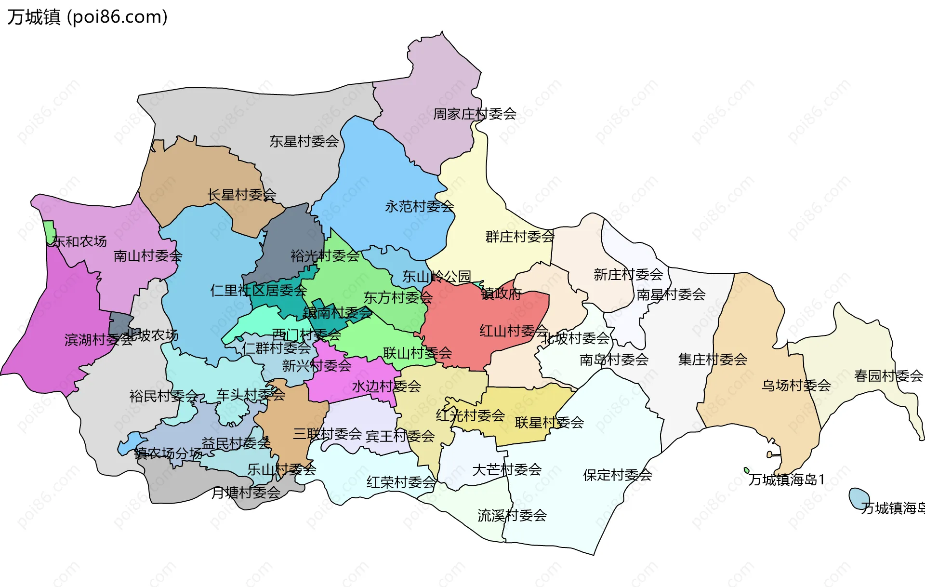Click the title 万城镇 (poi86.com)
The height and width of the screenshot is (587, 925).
(x=87, y=17)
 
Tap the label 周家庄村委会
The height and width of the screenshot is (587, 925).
(x=475, y=114)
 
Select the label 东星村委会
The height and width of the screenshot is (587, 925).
(x=304, y=142)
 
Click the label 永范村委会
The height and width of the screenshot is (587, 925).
(x=419, y=207)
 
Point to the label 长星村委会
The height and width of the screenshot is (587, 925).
(x=241, y=195)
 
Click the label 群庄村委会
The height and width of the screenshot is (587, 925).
(x=520, y=237)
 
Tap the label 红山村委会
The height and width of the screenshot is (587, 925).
(x=514, y=331)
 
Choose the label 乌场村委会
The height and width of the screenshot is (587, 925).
(x=796, y=386)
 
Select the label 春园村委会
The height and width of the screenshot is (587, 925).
(x=888, y=376)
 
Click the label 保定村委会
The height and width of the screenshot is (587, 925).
(x=617, y=475)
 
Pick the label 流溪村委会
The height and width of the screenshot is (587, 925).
(x=512, y=516)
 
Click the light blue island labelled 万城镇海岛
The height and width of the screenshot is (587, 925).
(x=858, y=498)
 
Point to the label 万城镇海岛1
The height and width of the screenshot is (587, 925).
(x=786, y=480)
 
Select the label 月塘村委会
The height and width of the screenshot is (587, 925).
(x=246, y=493)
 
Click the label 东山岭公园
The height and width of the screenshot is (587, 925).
(x=436, y=277)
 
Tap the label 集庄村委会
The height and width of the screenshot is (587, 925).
(x=713, y=360)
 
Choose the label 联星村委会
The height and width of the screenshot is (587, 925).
(x=549, y=423)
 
